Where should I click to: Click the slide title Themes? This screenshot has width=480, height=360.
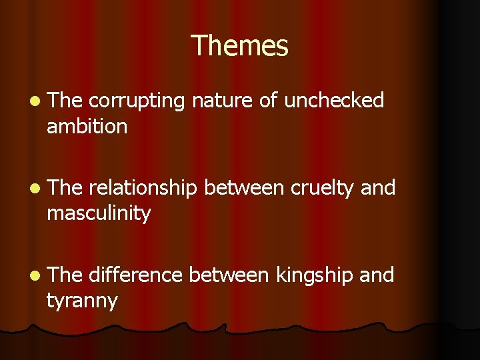[x=239, y=46]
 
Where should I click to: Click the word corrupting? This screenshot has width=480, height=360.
[x=136, y=101]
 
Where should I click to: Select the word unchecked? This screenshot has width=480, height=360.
[x=334, y=101]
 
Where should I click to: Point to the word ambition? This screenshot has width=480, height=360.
[x=87, y=126]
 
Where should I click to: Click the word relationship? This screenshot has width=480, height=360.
[x=143, y=189]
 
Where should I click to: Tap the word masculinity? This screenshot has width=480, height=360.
[x=99, y=213]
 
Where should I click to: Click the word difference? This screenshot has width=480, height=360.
[x=135, y=275]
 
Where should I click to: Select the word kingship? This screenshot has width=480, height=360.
[x=313, y=275]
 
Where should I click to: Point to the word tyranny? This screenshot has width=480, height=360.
[x=81, y=301]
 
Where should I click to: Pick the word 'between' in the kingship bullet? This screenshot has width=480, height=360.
[x=229, y=275]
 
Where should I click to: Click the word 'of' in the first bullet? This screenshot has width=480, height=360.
[x=267, y=101]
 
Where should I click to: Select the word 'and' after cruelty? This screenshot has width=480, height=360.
[x=378, y=189]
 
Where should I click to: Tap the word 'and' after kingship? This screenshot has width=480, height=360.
[x=377, y=275]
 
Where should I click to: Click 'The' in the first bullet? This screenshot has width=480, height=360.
[x=65, y=101]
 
